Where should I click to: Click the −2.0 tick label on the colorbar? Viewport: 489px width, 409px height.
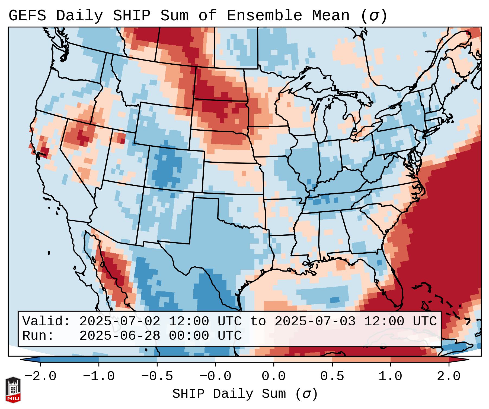(x=40, y=376)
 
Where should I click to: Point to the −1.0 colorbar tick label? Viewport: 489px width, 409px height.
(x=99, y=376)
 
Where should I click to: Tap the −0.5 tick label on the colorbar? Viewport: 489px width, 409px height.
(x=157, y=376)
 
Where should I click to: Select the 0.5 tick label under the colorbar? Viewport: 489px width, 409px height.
(x=332, y=376)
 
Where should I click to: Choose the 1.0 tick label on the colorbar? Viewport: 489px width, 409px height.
(x=390, y=376)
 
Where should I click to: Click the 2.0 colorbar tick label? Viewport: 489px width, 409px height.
(x=449, y=376)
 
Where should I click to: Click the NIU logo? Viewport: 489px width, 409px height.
(x=13, y=389)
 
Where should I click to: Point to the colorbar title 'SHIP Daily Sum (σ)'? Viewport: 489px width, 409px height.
(x=245, y=394)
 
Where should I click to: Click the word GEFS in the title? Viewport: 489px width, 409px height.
(x=27, y=16)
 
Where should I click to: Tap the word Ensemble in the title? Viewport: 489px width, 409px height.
(x=264, y=16)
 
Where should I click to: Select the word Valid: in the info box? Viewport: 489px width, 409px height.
(x=46, y=322)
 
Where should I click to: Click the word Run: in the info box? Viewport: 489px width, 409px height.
(x=38, y=336)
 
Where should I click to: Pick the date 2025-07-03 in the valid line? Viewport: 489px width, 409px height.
(x=315, y=322)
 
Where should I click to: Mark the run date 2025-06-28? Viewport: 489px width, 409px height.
(x=120, y=336)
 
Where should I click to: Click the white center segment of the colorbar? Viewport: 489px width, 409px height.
(x=245, y=360)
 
